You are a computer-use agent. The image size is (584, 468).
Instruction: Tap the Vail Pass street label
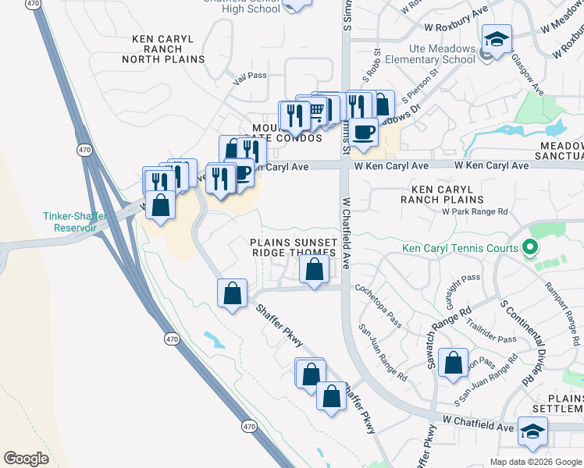pyautogui.click(x=251, y=76)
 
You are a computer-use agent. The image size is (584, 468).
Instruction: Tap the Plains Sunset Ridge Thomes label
pyautogui.click(x=293, y=247)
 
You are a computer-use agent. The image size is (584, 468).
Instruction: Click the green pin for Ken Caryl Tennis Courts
pyautogui.click(x=530, y=248)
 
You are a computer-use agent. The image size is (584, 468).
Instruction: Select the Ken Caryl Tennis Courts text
pyautogui.click(x=460, y=249)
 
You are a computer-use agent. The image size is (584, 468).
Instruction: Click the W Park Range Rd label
pyautogui.click(x=474, y=211)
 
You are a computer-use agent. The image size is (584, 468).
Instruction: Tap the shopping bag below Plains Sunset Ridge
pyautogui.click(x=314, y=271)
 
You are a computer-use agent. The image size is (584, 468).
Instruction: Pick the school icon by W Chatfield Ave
pyautogui.click(x=533, y=431)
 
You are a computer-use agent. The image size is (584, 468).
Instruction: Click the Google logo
pyautogui.click(x=26, y=459)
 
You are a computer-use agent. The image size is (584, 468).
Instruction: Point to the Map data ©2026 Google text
pyautogui.click(x=535, y=461)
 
